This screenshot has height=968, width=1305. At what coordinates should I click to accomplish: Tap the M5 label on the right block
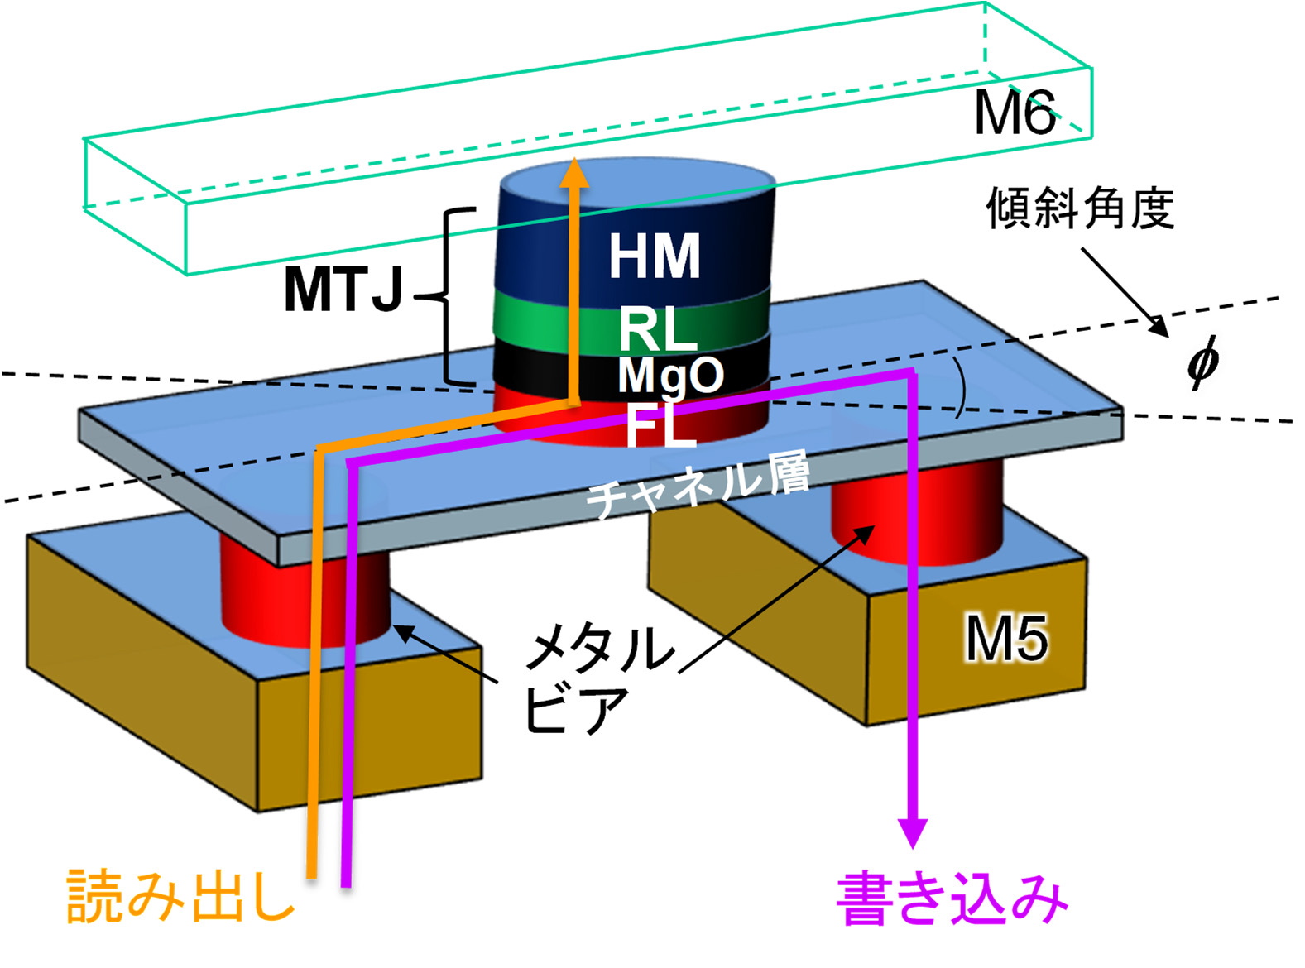[x=1006, y=638]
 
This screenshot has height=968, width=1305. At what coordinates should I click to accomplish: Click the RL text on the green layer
[x=658, y=329]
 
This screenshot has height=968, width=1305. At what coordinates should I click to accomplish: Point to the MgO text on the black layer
[x=670, y=376]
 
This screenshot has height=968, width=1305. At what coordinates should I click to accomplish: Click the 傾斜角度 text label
[x=1080, y=208]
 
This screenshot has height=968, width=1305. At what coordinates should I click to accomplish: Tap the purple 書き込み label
[x=952, y=899]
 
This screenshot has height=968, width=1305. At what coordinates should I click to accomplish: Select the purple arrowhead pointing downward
[x=913, y=832]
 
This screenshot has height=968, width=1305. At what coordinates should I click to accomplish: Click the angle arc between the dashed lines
[x=960, y=389]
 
